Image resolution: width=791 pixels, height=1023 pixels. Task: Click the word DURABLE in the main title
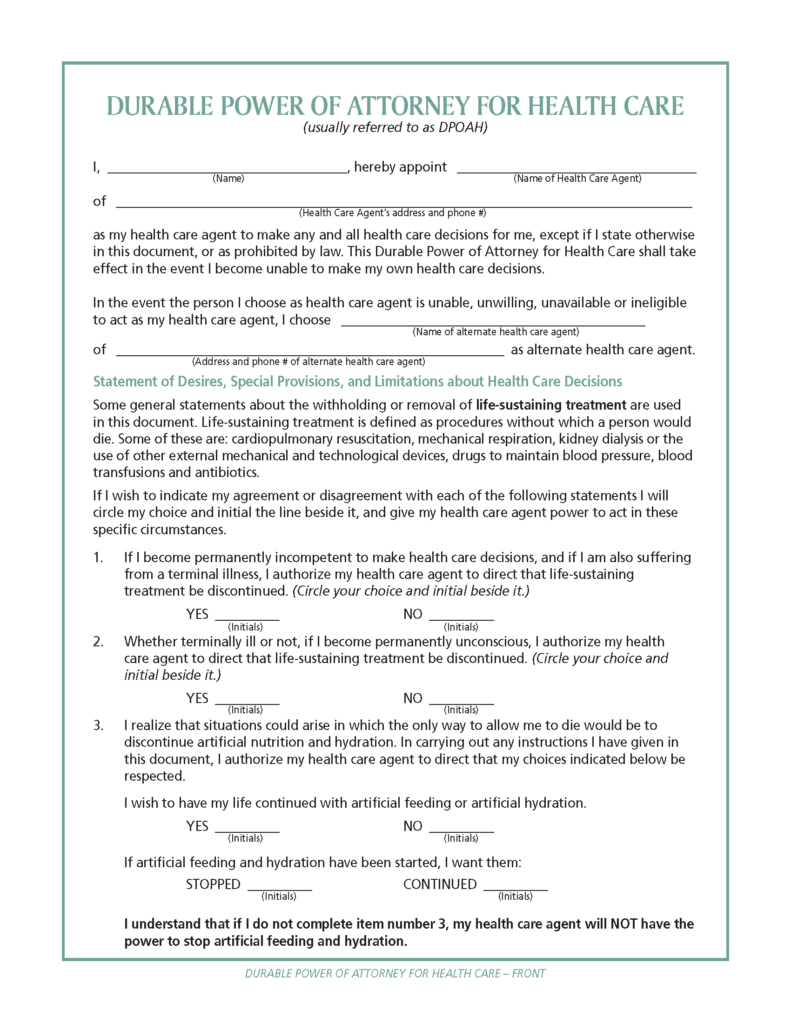coord(160,106)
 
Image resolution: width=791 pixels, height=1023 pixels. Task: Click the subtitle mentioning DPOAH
coord(395,127)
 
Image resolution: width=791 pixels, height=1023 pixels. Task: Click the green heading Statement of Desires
coord(357,381)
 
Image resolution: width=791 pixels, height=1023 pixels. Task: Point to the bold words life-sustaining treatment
coord(551,405)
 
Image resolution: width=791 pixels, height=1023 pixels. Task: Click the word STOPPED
coord(213,884)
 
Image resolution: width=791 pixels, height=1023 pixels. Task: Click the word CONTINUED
coord(440,884)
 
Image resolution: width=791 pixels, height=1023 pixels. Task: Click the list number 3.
coord(98,725)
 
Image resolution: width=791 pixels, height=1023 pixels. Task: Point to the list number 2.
coord(98,642)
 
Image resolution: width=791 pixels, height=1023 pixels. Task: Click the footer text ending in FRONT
coord(395,974)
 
